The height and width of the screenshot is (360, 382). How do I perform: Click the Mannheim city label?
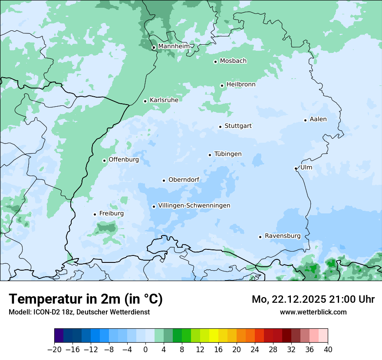[x=174, y=46]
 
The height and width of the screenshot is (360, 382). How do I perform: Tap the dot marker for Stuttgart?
[x=220, y=127]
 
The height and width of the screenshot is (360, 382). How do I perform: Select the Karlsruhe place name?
[x=164, y=100]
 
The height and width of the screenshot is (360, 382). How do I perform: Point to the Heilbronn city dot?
[x=222, y=85]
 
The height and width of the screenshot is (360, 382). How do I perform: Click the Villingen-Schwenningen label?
[x=194, y=206]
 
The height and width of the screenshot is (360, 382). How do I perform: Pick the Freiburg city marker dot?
[x=95, y=214]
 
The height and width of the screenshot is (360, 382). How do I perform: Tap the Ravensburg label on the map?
[x=282, y=236]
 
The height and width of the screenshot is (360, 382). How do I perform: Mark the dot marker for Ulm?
[x=296, y=168]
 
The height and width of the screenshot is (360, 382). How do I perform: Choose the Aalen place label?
[x=318, y=119]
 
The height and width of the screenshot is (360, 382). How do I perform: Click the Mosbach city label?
[x=233, y=61]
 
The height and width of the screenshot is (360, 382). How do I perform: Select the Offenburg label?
[x=123, y=160]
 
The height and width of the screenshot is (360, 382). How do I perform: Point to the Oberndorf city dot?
[x=164, y=180]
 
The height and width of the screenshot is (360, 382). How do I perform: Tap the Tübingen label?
[x=227, y=154]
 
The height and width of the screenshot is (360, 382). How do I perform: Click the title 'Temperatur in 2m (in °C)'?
[x=86, y=299]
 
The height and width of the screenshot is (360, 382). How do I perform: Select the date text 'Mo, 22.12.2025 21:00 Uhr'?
[x=313, y=299]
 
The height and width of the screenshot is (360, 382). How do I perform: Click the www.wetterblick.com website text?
[x=313, y=312]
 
